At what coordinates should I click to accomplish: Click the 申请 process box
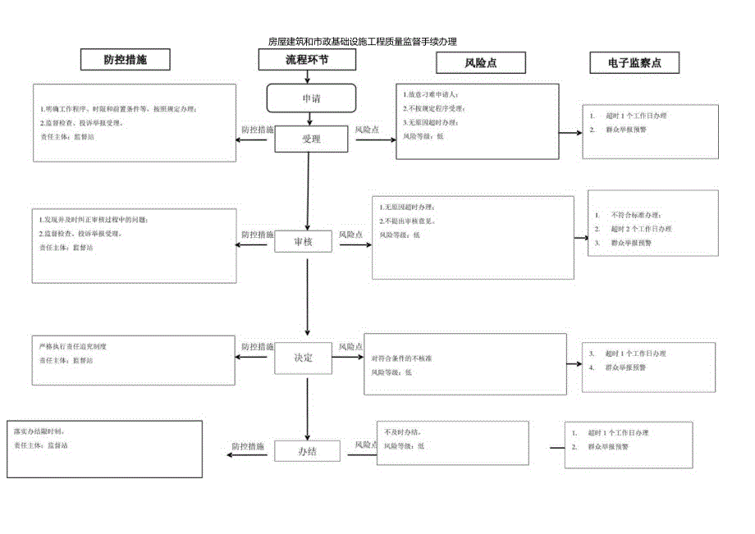click(311, 98)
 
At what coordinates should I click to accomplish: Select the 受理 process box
click(311, 139)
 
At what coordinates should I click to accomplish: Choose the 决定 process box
click(304, 358)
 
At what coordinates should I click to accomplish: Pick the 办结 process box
click(307, 451)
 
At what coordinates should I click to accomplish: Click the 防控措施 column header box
click(126, 60)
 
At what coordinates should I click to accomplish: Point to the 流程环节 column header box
click(308, 60)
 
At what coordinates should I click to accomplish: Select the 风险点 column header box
click(481, 62)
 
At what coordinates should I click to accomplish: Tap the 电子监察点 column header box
click(634, 62)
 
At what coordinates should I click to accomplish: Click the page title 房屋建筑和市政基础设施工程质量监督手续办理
click(362, 41)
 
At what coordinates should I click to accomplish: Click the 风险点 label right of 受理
click(367, 130)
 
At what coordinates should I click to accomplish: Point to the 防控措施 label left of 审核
click(257, 235)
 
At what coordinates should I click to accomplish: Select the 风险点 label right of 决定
click(351, 348)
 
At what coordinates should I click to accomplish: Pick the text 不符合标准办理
click(634, 215)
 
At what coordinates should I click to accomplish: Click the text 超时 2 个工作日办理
click(641, 229)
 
